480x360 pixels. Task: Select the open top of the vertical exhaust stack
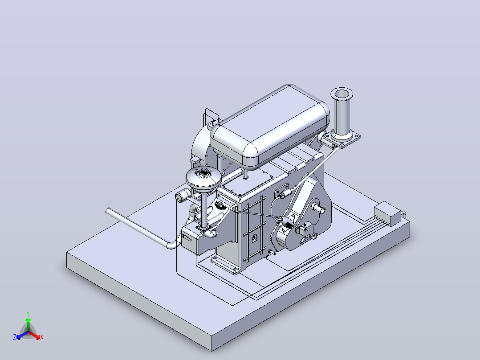pyautogui.click(x=342, y=94)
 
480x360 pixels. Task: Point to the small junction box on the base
pyautogui.click(x=387, y=213)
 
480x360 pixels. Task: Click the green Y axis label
pyautogui.click(x=28, y=313)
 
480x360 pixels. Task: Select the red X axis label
pyautogui.click(x=42, y=337)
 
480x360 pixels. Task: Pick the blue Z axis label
pyautogui.click(x=14, y=337)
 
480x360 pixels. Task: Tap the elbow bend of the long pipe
pyautogui.click(x=172, y=245)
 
